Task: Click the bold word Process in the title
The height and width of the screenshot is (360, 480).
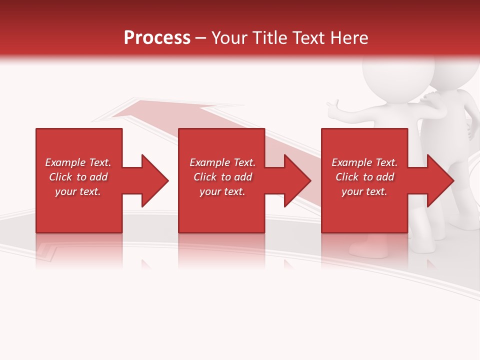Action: coord(157,38)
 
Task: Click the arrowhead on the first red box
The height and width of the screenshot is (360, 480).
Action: coord(153,180)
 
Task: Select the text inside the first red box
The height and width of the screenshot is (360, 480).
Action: coord(78,177)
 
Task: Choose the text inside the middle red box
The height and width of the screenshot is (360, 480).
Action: coord(222,177)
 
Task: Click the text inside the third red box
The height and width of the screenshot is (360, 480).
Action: coord(364,177)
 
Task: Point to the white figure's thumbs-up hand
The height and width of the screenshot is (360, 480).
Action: coord(332,107)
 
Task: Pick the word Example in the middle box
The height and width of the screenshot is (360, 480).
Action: coord(206,162)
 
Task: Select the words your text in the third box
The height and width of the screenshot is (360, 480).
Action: coord(364,191)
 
